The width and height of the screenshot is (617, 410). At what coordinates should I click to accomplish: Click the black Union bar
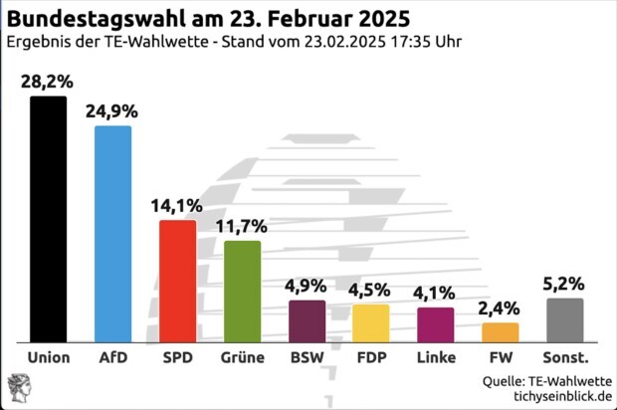pyautogui.click(x=48, y=219)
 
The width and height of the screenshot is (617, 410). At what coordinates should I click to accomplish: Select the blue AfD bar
pyautogui.click(x=112, y=234)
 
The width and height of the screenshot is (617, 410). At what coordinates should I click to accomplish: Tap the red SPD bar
pyautogui.click(x=177, y=281)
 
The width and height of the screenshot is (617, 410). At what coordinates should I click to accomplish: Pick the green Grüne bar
pyautogui.click(x=242, y=291)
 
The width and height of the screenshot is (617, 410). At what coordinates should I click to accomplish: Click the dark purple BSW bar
pyautogui.click(x=307, y=320)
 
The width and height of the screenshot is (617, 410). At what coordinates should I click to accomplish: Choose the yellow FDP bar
pyautogui.click(x=371, y=322)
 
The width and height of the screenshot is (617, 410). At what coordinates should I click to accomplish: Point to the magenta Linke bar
pyautogui.click(x=435, y=324)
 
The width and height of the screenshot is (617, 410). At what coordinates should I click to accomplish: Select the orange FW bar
pyautogui.click(x=500, y=331)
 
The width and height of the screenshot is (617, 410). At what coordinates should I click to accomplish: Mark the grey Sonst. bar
pyautogui.click(x=564, y=319)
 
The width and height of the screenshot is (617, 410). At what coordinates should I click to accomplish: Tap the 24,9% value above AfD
pyautogui.click(x=112, y=110)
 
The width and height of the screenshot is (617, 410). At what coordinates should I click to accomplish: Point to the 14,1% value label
pyautogui.click(x=177, y=206)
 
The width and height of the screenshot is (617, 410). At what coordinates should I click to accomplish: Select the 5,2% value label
pyautogui.click(x=564, y=285)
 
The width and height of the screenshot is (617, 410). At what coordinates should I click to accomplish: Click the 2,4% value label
pyautogui.click(x=500, y=307)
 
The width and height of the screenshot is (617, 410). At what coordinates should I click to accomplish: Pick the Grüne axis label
pyautogui.click(x=242, y=357)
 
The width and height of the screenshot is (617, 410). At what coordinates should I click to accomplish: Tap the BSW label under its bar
pyautogui.click(x=307, y=357)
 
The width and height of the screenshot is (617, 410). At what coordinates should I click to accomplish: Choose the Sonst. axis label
pyautogui.click(x=565, y=357)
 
